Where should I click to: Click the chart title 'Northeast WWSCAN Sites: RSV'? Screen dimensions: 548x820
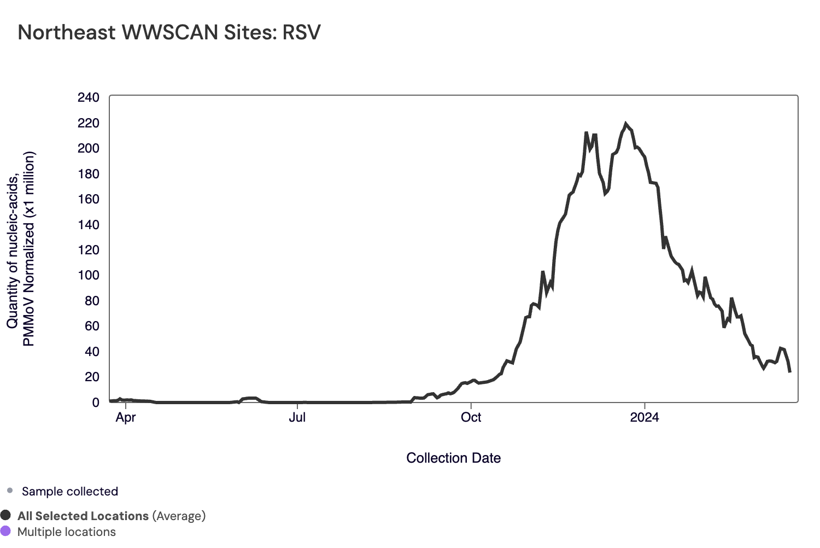(x=169, y=32)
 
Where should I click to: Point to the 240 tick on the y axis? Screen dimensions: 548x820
(x=89, y=98)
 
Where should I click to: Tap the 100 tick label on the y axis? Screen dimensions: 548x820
(x=89, y=275)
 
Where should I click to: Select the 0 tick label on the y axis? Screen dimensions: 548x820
(x=96, y=403)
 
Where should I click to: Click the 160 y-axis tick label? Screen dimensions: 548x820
(x=89, y=199)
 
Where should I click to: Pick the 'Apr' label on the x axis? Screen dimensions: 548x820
(x=126, y=418)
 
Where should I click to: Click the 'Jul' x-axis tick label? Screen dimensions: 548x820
(x=297, y=418)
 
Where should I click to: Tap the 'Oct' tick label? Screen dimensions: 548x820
(x=471, y=418)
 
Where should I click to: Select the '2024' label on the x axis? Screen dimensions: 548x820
(x=645, y=418)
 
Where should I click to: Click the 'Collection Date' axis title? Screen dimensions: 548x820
(x=453, y=458)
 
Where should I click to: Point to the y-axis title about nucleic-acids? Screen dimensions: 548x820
(x=21, y=249)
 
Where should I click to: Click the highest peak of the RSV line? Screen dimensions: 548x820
(x=626, y=124)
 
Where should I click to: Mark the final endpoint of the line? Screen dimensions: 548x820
(x=790, y=372)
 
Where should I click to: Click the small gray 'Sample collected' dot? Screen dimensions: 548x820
(x=10, y=491)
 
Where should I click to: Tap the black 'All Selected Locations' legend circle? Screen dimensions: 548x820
(x=6, y=515)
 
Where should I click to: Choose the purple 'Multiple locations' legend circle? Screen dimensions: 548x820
(x=6, y=531)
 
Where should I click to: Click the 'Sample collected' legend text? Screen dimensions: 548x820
(x=70, y=491)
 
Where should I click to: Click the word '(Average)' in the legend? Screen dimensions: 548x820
(x=179, y=516)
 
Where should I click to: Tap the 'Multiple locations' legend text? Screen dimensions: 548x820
(x=67, y=532)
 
